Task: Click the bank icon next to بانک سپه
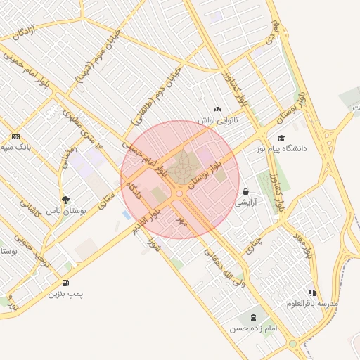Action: tap(15, 136)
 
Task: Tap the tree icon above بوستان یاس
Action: tap(65, 200)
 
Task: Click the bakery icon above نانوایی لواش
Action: tap(217, 110)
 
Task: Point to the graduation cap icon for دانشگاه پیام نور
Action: tap(281, 139)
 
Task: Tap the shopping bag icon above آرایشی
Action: tap(245, 191)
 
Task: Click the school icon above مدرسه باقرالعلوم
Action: tap(312, 292)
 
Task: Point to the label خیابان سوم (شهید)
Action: tap(98, 58)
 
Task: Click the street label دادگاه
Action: tap(134, 190)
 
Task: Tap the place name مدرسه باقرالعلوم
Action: tap(312, 304)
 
